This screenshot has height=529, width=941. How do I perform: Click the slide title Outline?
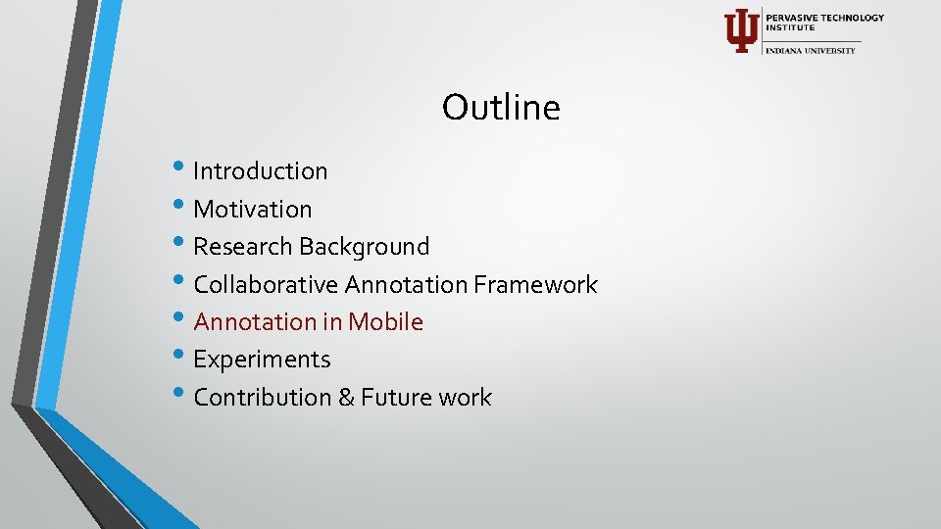[501, 107]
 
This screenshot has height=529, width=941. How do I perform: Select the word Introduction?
[261, 171]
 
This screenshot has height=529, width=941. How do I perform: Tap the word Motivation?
[253, 210]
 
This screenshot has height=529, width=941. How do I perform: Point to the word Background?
[365, 247]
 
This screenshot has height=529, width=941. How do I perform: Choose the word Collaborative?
[266, 285]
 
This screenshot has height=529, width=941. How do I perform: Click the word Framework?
[535, 285]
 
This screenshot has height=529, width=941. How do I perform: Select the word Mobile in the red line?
[386, 322]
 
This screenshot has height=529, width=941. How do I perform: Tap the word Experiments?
[262, 361]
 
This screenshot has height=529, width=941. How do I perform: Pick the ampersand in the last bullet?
[346, 398]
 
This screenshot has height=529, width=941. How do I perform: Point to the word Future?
[397, 398]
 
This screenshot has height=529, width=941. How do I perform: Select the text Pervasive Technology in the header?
[824, 18]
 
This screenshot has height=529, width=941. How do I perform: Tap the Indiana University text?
[811, 50]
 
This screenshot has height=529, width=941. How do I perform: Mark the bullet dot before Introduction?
[186, 168]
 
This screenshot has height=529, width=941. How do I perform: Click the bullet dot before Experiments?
[186, 358]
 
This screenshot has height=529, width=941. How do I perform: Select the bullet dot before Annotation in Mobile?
[186, 319]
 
